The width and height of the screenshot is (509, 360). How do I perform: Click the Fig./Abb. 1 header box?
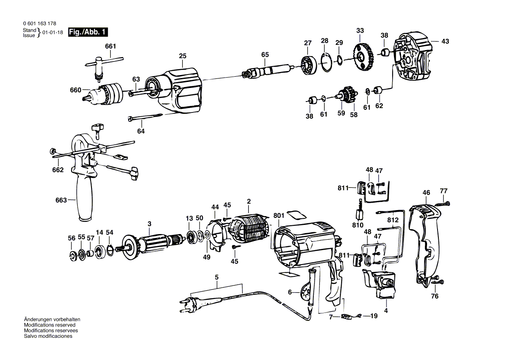point(88,32)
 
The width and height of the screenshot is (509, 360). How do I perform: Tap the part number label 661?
point(111,47)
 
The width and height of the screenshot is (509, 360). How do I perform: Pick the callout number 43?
point(445,41)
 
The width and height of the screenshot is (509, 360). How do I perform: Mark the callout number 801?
point(278,215)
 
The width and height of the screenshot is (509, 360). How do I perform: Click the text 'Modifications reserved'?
point(50,325)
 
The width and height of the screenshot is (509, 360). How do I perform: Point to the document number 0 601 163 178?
point(39,24)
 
